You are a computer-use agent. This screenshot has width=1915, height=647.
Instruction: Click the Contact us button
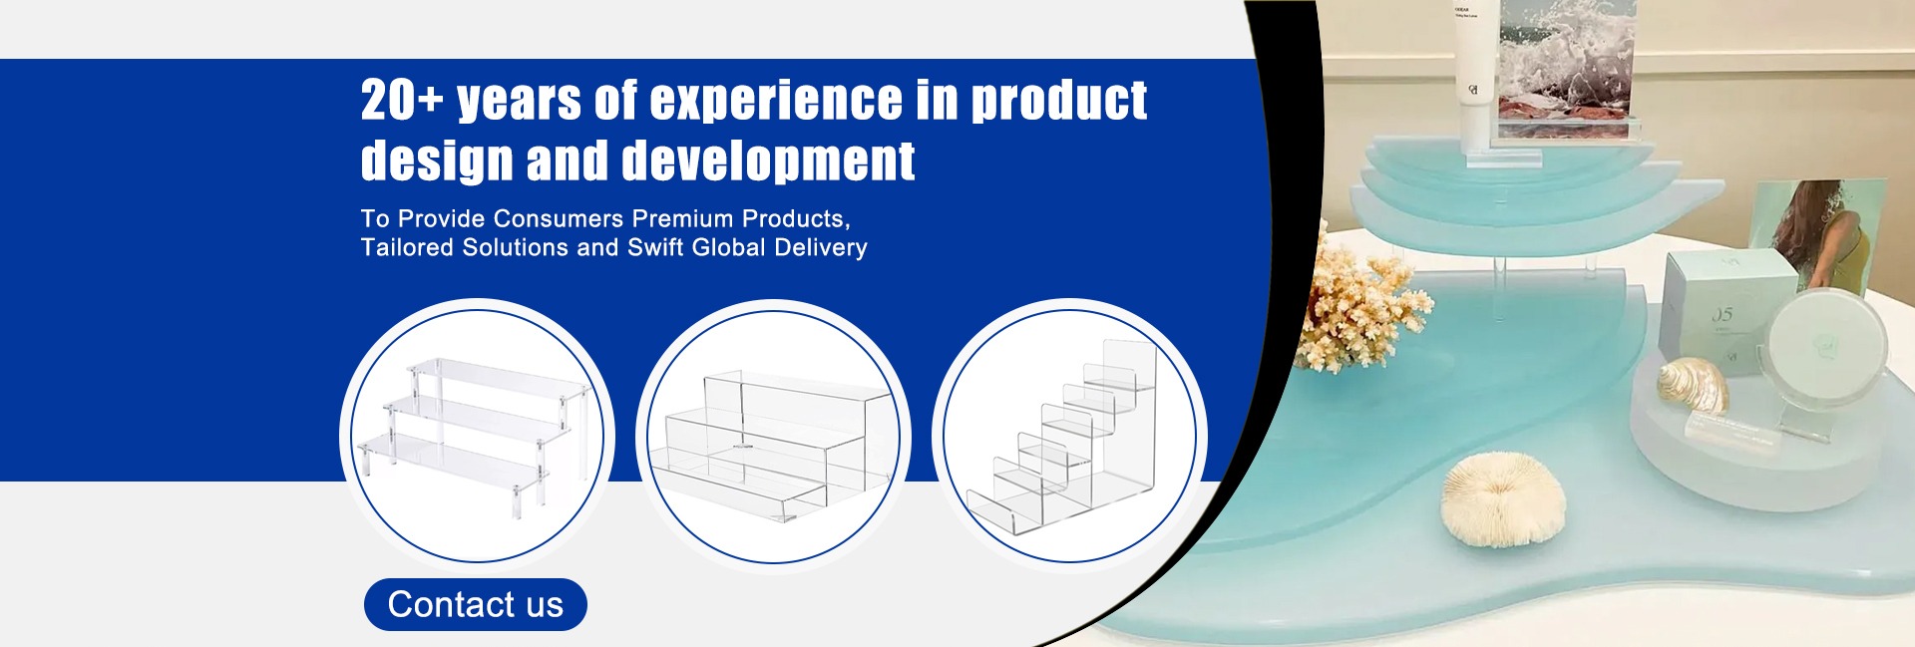pyautogui.click(x=475, y=604)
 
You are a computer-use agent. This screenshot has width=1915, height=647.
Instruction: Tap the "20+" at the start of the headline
pyautogui.click(x=401, y=100)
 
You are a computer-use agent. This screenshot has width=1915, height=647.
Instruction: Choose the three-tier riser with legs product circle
pyautogui.click(x=477, y=436)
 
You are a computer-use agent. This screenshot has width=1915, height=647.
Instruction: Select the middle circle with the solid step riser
pyautogui.click(x=773, y=436)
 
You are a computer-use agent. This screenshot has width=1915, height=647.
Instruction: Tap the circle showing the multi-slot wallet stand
pyautogui.click(x=1069, y=436)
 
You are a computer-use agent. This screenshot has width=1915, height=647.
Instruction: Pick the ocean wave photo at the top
pyautogui.click(x=1567, y=68)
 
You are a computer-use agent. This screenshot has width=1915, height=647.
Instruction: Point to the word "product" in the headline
pyautogui.click(x=1058, y=102)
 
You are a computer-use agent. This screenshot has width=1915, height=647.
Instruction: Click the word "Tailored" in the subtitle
pyautogui.click(x=407, y=247)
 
